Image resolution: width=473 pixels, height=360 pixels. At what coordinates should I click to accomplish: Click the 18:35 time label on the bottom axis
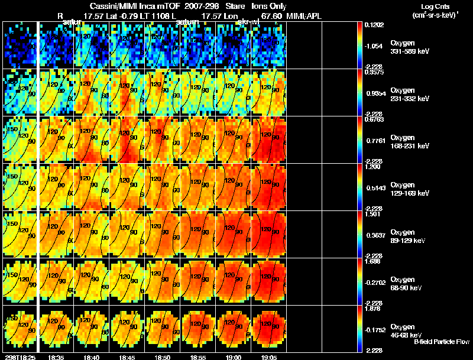pos(56,357)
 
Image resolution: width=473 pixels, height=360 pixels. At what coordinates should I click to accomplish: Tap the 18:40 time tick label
pos(91,357)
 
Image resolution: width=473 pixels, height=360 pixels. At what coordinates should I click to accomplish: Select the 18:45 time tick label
pos(127,357)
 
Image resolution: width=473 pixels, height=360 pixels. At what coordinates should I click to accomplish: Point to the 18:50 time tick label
pos(162,357)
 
